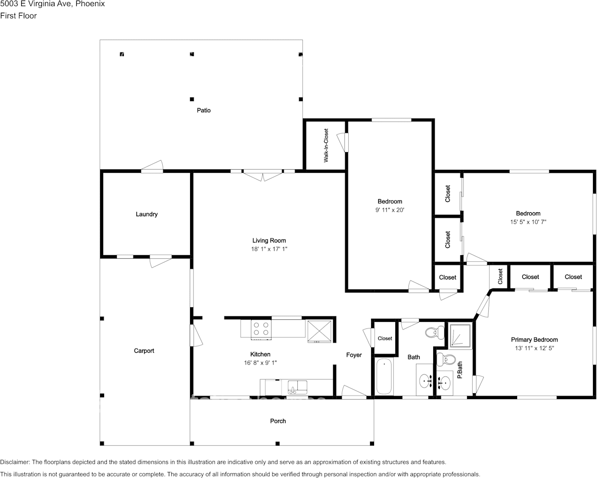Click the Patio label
(204, 110)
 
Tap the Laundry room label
(147, 214)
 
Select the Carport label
(144, 351)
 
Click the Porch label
(278, 421)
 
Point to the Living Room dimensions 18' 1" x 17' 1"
(269, 249)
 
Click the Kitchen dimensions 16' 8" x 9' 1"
(260, 363)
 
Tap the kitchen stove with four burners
(261, 329)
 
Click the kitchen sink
(298, 388)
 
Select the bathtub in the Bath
(384, 376)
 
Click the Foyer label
(354, 355)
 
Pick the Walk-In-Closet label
(326, 146)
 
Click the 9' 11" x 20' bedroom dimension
(390, 210)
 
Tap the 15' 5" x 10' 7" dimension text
(528, 222)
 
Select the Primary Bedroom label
(534, 340)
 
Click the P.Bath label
(460, 370)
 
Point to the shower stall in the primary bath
(461, 335)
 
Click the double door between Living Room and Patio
(263, 175)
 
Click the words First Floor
(18, 16)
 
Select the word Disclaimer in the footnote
(15, 462)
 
